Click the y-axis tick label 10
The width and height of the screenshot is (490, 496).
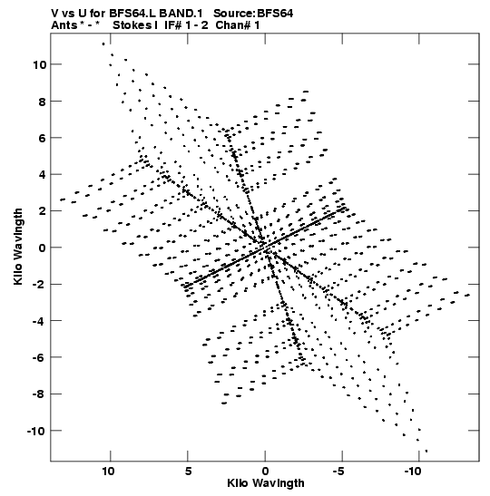39,65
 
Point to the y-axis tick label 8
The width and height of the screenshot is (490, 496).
43,102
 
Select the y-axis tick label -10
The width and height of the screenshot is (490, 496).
36,431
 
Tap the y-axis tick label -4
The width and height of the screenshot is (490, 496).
39,321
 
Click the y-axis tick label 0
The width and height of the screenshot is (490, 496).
43,248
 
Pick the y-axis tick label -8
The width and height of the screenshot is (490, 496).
39,394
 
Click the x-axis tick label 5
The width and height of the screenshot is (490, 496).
188,472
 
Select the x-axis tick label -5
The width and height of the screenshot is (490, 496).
338,472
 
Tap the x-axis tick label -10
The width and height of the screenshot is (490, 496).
413,472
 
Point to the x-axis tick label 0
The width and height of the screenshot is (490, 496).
265,472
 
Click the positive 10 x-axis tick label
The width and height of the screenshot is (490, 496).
108,472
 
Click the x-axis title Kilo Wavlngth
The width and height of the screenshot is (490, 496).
266,483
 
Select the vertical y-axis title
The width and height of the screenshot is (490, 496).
18,247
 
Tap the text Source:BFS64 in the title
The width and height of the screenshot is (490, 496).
253,14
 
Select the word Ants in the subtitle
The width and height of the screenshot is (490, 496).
64,25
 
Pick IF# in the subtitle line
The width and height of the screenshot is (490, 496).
173,25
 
